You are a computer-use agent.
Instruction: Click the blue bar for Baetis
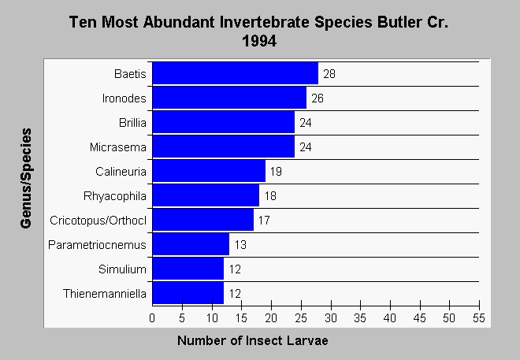pyautogui.click(x=236, y=73)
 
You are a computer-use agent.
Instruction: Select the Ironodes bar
pyautogui.click(x=229, y=98)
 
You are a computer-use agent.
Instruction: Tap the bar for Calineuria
pyautogui.click(x=209, y=171)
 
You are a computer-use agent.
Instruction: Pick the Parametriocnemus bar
pyautogui.click(x=191, y=244)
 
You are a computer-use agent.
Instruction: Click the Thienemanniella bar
pyautogui.click(x=188, y=293)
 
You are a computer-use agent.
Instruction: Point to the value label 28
pyautogui.click(x=329, y=73)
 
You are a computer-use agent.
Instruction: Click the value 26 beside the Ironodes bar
pyautogui.click(x=318, y=98)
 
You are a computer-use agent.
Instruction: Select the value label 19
pyautogui.click(x=276, y=172)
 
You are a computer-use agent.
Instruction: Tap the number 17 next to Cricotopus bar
pyautogui.click(x=264, y=220)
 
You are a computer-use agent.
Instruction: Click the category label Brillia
pyautogui.click(x=132, y=123)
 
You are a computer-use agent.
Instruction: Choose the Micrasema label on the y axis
pyautogui.click(x=118, y=147)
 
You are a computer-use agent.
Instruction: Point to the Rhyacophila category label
pyautogui.click(x=115, y=196)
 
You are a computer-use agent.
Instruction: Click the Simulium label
pyautogui.click(x=122, y=269)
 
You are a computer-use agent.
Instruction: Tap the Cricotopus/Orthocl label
pyautogui.click(x=98, y=221)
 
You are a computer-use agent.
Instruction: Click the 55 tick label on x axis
pyautogui.click(x=479, y=318)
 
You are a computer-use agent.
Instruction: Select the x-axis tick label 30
pyautogui.click(x=331, y=318)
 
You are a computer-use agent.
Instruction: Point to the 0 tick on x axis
pyautogui.click(x=152, y=318)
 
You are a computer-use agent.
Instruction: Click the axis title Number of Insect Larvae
pyautogui.click(x=253, y=340)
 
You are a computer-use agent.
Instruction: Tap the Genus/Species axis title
pyautogui.click(x=26, y=178)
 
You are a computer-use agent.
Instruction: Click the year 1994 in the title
pyautogui.click(x=259, y=41)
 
